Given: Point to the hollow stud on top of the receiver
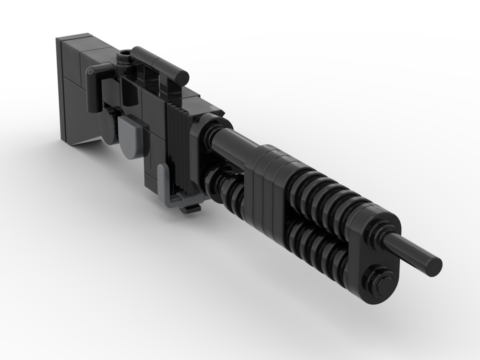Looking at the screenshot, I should [x=125, y=58].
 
